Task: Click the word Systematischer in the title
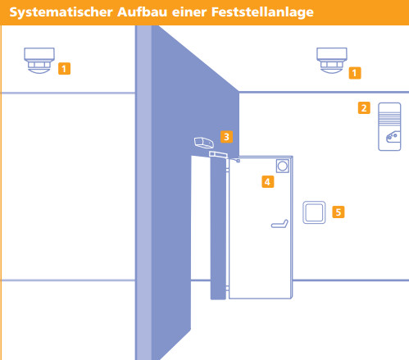pyautogui.click(x=61, y=12)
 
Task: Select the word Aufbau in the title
pyautogui.click(x=142, y=12)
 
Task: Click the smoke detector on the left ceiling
pyautogui.click(x=39, y=61)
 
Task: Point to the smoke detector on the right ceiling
pyautogui.click(x=332, y=61)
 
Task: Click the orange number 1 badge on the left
pyautogui.click(x=64, y=69)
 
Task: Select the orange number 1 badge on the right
pyautogui.click(x=355, y=73)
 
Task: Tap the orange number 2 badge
pyautogui.click(x=364, y=108)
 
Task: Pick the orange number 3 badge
pyautogui.click(x=226, y=137)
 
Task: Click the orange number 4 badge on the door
pyautogui.click(x=268, y=182)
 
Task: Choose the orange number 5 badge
pyautogui.click(x=339, y=212)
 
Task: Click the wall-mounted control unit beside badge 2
pyautogui.click(x=389, y=126)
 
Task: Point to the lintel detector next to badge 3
pyautogui.click(x=203, y=143)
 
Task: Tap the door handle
pyautogui.click(x=279, y=224)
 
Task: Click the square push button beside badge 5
pyautogui.click(x=314, y=212)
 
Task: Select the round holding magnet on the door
pyautogui.click(x=283, y=166)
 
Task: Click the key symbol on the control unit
pyautogui.click(x=393, y=137)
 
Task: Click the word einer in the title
pyautogui.click(x=189, y=12)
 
